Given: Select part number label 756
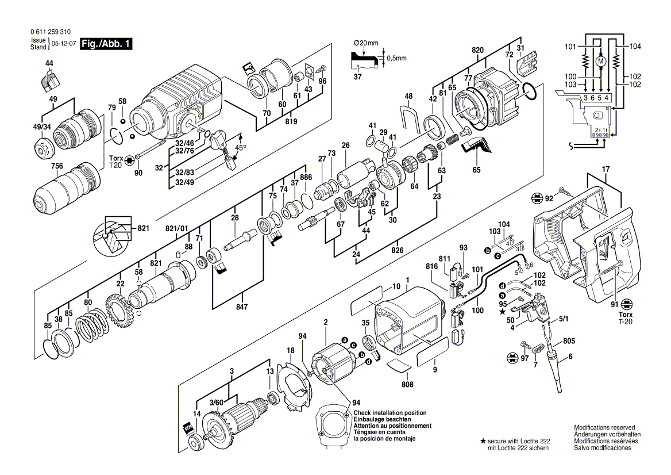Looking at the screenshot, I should click(41, 167).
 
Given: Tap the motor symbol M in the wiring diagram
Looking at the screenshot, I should click(601, 59).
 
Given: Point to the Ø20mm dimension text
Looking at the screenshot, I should click(366, 43).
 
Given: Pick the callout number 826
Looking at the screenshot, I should click(398, 250).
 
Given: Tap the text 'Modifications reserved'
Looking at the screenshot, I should click(604, 428).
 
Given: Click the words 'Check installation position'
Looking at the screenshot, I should click(390, 413).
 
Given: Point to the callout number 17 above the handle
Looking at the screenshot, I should click(605, 170).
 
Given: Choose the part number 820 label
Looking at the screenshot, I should click(477, 50).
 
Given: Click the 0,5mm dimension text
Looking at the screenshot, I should click(396, 59).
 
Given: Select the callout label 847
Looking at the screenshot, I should click(242, 308).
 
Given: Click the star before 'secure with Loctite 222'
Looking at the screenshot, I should click(483, 440).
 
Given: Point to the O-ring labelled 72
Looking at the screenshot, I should click(531, 90).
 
